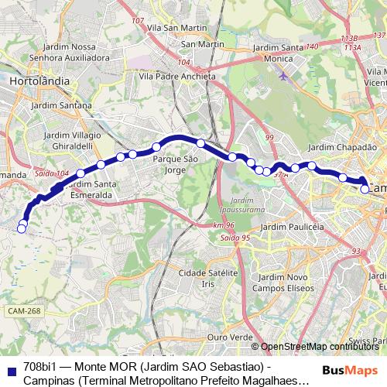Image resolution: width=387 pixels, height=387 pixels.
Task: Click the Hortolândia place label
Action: (x=39, y=80)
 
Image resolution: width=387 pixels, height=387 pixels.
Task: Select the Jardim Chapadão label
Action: (x=336, y=147)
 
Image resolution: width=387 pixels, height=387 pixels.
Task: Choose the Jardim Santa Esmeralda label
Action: (x=91, y=190)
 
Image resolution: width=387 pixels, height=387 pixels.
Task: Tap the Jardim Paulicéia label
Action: (x=292, y=226)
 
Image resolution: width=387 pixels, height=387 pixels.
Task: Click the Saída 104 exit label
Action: (x=53, y=173)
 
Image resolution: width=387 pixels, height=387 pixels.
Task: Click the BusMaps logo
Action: (x=351, y=369)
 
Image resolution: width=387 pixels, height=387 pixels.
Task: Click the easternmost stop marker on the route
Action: (x=365, y=188)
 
